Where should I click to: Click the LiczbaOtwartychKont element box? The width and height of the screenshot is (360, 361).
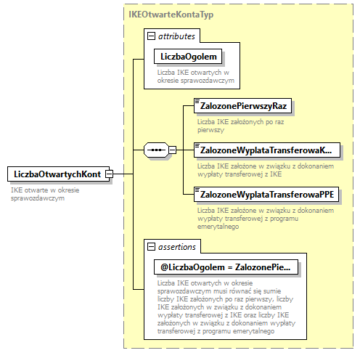(x=55, y=174)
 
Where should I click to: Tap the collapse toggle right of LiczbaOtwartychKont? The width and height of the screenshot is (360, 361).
(x=108, y=174)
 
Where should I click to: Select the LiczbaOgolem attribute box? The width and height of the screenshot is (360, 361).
(x=184, y=56)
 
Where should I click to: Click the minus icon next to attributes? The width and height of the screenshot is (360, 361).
(x=150, y=36)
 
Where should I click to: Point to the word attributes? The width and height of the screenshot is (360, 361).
(x=176, y=36)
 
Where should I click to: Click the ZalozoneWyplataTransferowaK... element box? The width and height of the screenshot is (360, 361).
(x=267, y=150)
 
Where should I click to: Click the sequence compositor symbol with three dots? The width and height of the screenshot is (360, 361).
(x=155, y=150)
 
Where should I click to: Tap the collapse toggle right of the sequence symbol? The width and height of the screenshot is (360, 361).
(x=173, y=150)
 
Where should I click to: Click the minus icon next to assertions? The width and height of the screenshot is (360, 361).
(x=150, y=246)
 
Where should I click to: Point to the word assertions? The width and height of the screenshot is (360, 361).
(x=176, y=246)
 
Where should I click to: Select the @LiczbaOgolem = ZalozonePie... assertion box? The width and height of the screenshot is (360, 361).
(x=225, y=267)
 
